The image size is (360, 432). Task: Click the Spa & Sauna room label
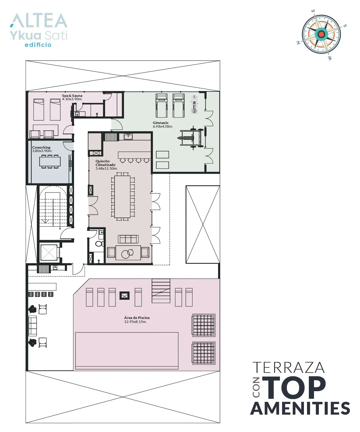(x=72, y=96)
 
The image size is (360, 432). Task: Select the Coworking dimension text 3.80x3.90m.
(x=42, y=151)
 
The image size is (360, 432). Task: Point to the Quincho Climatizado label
(x=105, y=163)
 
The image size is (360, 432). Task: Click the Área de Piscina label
(x=137, y=317)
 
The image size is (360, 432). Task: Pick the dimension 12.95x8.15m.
(x=136, y=322)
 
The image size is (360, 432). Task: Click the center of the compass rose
(x=321, y=34)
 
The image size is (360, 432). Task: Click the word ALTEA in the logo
(x=38, y=21)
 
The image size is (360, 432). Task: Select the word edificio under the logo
(x=38, y=45)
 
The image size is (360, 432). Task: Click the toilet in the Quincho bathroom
(x=99, y=243)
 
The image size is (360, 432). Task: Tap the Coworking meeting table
(x=50, y=161)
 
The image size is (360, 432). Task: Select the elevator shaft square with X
(x=48, y=253)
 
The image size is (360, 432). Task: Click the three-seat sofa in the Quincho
(x=128, y=239)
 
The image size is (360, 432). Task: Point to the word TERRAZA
(x=289, y=367)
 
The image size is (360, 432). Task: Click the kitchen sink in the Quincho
(x=128, y=137)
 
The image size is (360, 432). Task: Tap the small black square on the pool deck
(x=124, y=296)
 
